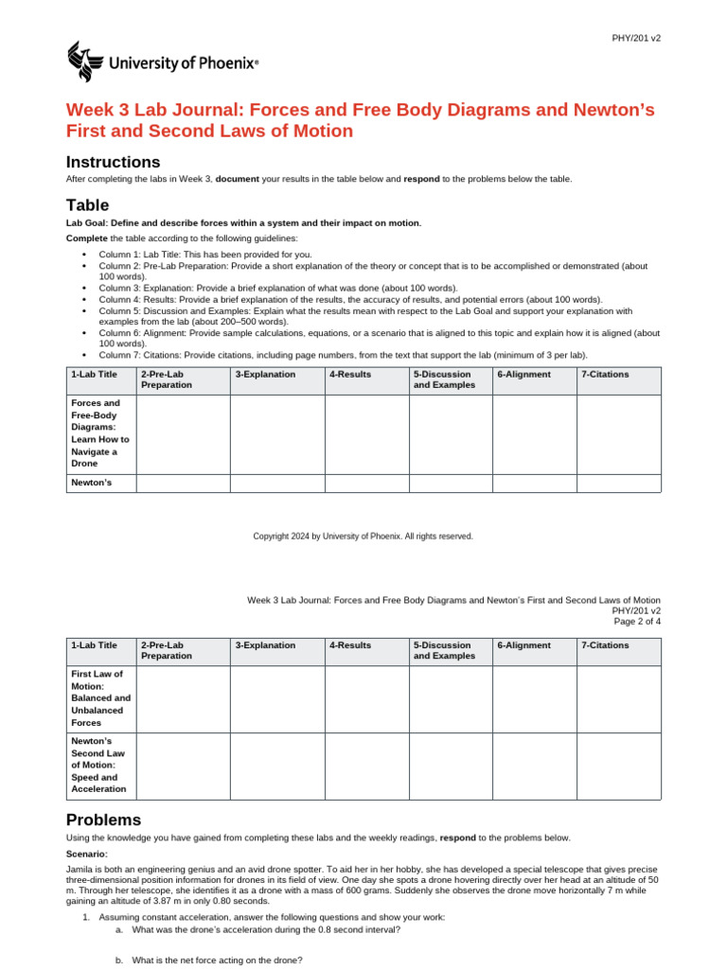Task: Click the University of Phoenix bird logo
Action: [82, 62]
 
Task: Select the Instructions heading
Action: [113, 162]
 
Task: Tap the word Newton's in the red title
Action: [615, 110]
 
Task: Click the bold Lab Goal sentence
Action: [243, 222]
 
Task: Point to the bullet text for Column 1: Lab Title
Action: [204, 255]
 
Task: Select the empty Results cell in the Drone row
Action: [366, 432]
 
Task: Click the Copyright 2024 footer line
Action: [363, 536]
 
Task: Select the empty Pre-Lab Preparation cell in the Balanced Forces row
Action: [183, 697]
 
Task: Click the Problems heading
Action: [103, 819]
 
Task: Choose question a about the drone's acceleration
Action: [265, 929]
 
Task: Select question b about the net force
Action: [217, 960]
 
